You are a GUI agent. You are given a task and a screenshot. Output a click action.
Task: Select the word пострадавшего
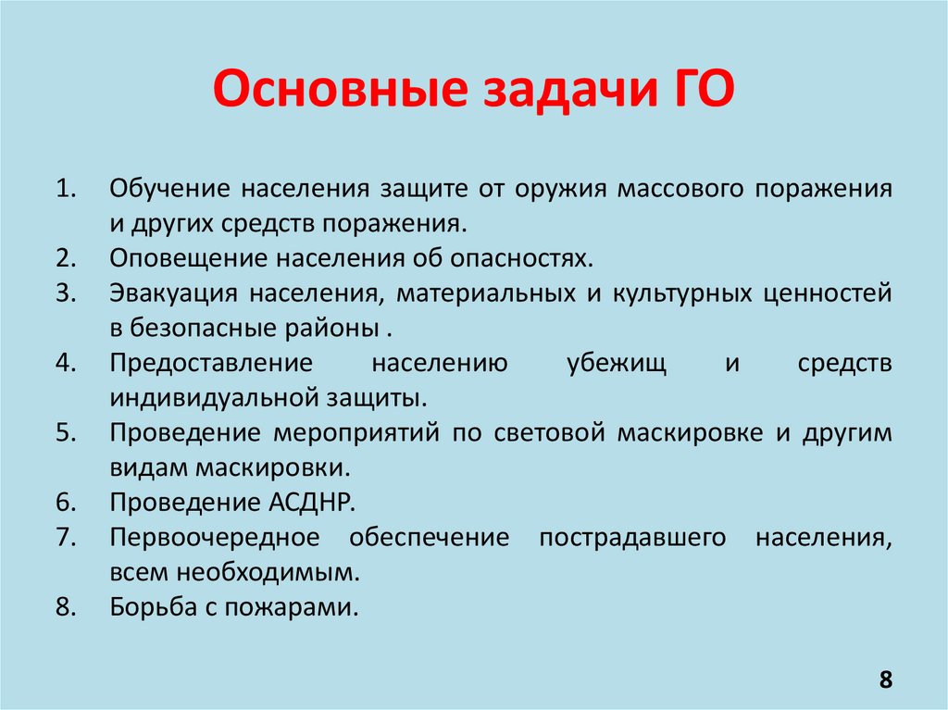[630, 537]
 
